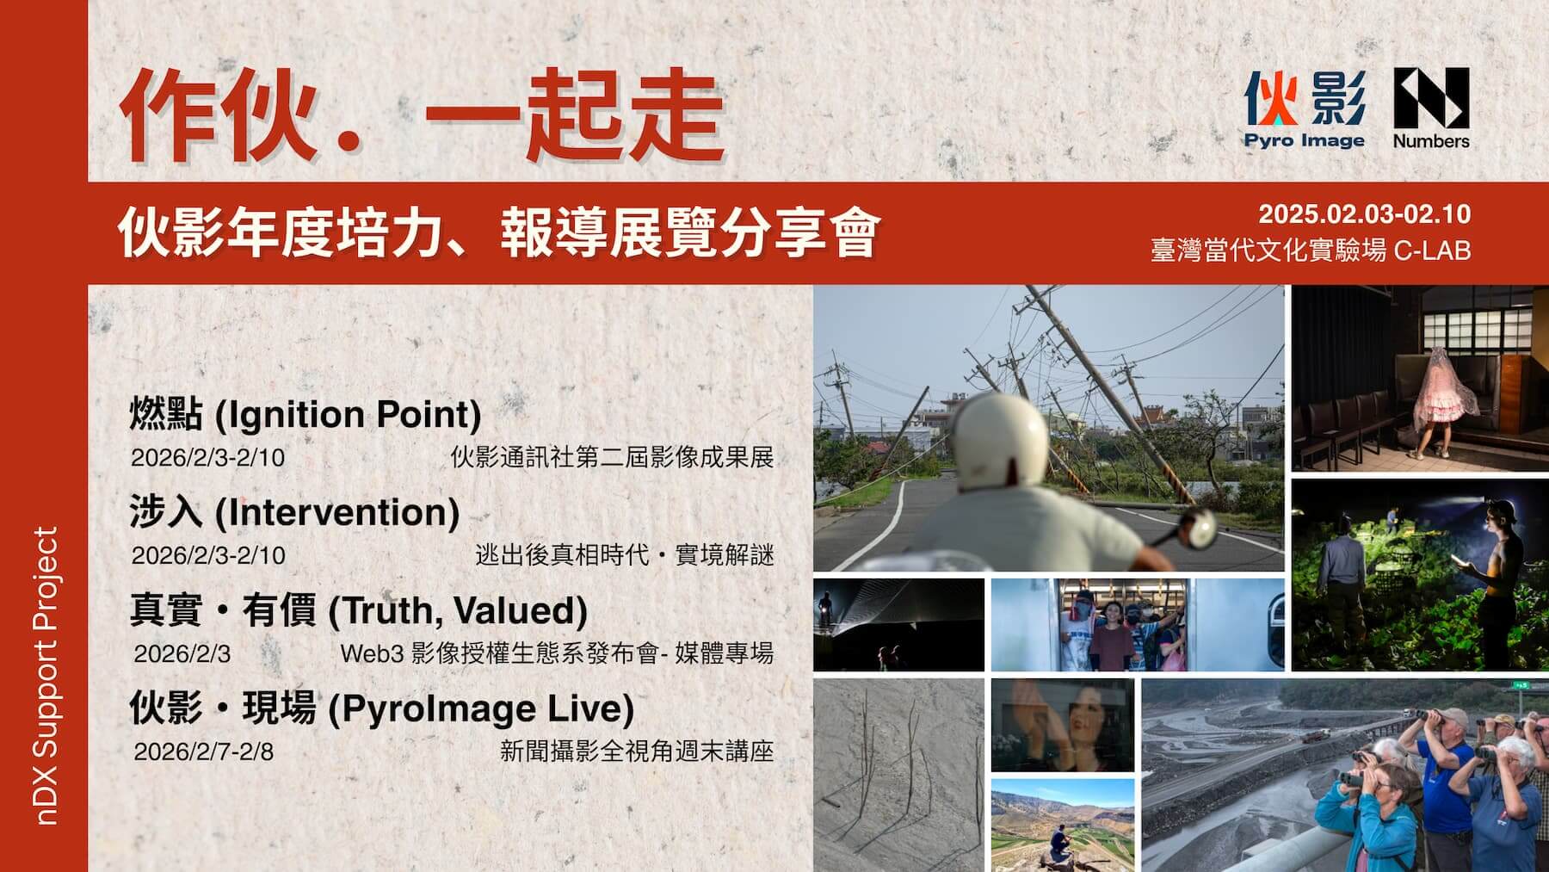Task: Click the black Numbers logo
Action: coord(1431,109)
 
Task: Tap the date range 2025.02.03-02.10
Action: coord(1364,214)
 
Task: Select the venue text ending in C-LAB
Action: coord(1311,250)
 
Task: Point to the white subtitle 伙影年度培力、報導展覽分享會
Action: coord(498,232)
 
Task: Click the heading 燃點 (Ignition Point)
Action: coord(305,414)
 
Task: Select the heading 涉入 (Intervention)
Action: coord(294,512)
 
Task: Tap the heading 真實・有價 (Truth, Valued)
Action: coord(358,610)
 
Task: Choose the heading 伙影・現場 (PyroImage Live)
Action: coord(381,708)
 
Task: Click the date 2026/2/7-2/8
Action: coord(204,751)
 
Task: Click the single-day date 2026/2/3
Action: coord(182,653)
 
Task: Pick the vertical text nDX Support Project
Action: coord(46,676)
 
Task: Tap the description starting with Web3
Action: coord(557,653)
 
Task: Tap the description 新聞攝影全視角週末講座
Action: coord(637,751)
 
